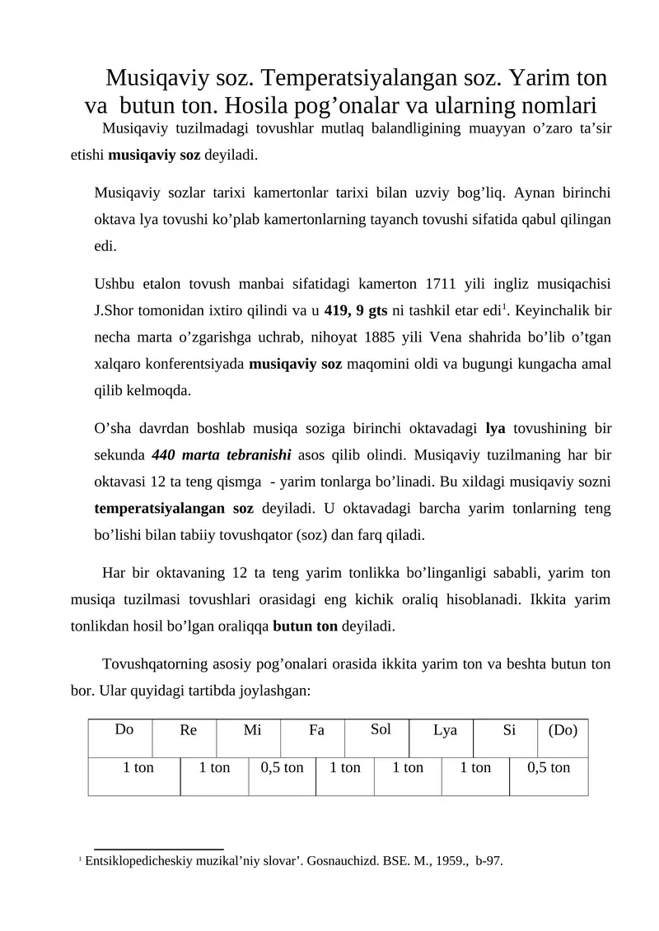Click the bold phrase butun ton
tap(305, 626)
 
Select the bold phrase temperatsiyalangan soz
tap(174, 508)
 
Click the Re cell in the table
tap(188, 730)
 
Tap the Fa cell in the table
tap(316, 730)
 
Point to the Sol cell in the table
tap(381, 729)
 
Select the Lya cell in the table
tap(445, 730)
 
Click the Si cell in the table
tap(509, 730)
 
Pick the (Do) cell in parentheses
tap(563, 730)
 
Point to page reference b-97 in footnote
tap(489, 862)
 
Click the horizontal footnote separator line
tap(159, 848)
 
